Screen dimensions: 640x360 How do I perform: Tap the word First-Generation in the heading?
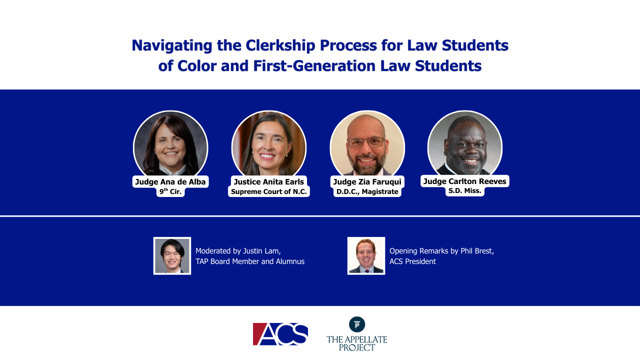click(314, 66)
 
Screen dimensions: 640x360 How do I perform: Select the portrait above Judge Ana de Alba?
click(170, 143)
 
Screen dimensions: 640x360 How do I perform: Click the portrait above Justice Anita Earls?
click(269, 143)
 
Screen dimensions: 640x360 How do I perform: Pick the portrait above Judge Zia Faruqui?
click(367, 143)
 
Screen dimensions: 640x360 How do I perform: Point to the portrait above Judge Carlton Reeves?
click(465, 143)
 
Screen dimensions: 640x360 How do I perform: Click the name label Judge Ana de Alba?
click(170, 181)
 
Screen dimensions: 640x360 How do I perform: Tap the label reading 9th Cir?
click(170, 191)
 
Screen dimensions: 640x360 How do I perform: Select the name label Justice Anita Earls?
click(269, 181)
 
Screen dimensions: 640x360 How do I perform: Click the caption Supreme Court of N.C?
click(269, 191)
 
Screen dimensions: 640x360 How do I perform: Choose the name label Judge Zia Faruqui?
click(367, 181)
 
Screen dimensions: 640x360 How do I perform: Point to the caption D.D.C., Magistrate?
click(367, 191)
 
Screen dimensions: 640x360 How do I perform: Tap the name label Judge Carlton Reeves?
click(465, 181)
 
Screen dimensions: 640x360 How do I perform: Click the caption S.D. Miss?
click(465, 191)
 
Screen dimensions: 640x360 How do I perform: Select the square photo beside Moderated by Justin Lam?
click(172, 255)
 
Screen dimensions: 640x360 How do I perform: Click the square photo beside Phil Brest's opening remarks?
click(366, 255)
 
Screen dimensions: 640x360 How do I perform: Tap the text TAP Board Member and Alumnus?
click(250, 261)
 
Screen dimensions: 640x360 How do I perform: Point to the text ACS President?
click(412, 261)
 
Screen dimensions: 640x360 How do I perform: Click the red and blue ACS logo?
click(280, 334)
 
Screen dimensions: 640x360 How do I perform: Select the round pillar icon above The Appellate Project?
click(357, 324)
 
